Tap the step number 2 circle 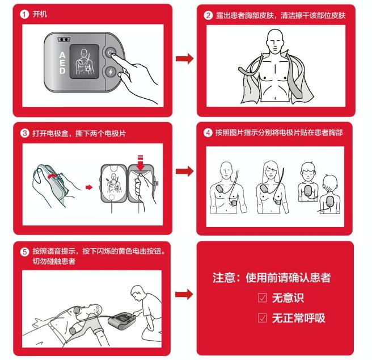coord(208,15)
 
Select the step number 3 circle coord(24,133)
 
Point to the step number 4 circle coord(208,133)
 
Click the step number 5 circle coord(24,252)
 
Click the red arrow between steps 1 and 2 coord(184,58)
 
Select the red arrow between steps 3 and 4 coord(184,171)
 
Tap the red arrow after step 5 coord(184,294)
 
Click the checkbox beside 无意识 coord(262,298)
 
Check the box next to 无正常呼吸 coord(262,318)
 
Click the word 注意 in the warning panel coord(222,278)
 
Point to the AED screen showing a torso coord(85,61)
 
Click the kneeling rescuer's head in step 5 coord(136,294)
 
